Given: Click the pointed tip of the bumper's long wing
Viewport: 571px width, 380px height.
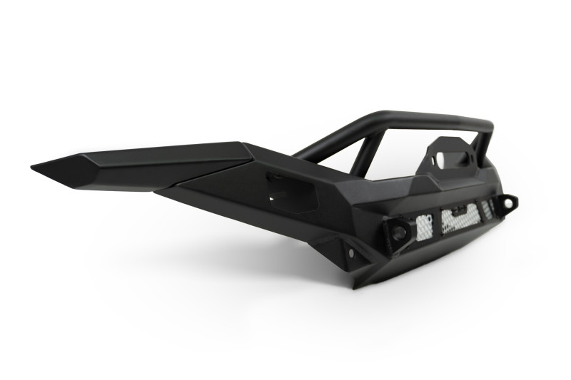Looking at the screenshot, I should pos(34,168).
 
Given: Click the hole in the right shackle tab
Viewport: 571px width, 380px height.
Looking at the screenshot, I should pos(508,203).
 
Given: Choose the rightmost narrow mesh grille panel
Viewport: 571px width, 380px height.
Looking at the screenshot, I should pos(489,208).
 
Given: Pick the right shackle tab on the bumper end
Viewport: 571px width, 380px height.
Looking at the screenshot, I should pos(507,205).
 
